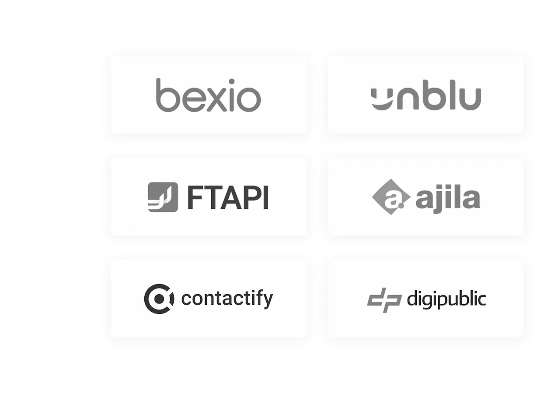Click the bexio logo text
[208, 95]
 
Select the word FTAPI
[227, 197]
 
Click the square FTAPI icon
[163, 197]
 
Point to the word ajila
[447, 198]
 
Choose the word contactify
[227, 299]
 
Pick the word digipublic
[446, 299]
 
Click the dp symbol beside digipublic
[384, 300]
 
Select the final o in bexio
[249, 99]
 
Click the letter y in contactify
[267, 301]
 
